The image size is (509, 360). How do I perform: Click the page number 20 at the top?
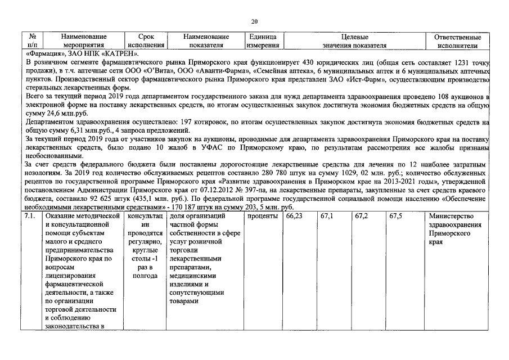[x=254, y=21]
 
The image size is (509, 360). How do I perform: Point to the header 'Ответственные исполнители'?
[x=457, y=40]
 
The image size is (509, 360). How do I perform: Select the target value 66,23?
[x=294, y=216]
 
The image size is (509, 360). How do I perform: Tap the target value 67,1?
[x=326, y=216]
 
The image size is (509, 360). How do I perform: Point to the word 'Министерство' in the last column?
[x=451, y=216]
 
